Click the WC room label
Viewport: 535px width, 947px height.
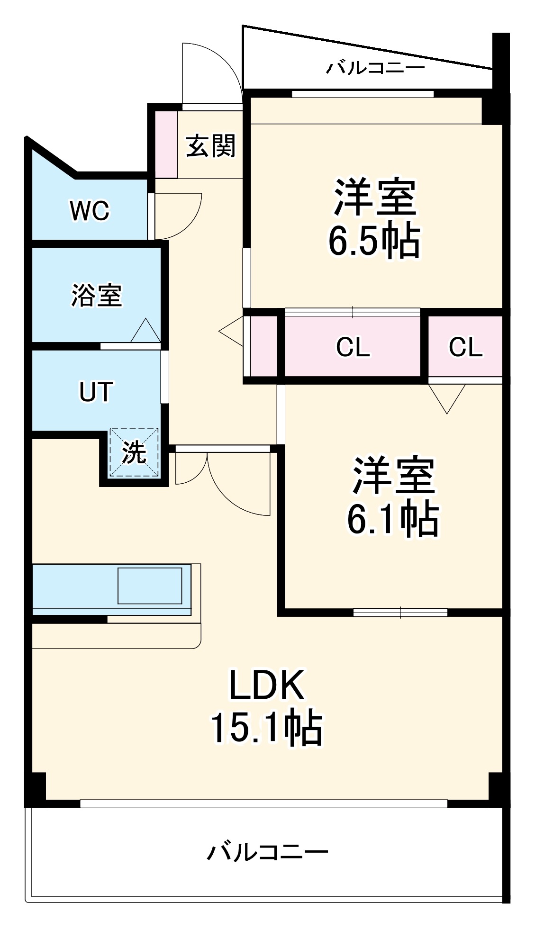tap(90, 211)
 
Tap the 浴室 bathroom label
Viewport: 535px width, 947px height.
tap(97, 295)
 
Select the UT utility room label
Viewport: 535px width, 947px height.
tap(96, 392)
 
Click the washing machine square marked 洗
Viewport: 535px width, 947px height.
tap(134, 453)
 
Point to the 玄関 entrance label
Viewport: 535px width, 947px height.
tap(210, 145)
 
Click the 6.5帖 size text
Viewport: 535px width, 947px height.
tap(374, 241)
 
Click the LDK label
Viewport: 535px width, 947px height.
tap(266, 685)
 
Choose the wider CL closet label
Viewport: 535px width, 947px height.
tap(353, 348)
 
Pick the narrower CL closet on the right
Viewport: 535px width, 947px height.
tap(465, 348)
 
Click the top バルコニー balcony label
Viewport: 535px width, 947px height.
tap(375, 68)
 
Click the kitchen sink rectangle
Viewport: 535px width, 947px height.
tap(150, 586)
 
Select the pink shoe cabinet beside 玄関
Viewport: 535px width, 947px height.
tap(166, 144)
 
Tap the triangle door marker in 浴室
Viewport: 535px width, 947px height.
tap(145, 332)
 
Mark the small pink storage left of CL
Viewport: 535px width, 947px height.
tap(263, 346)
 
